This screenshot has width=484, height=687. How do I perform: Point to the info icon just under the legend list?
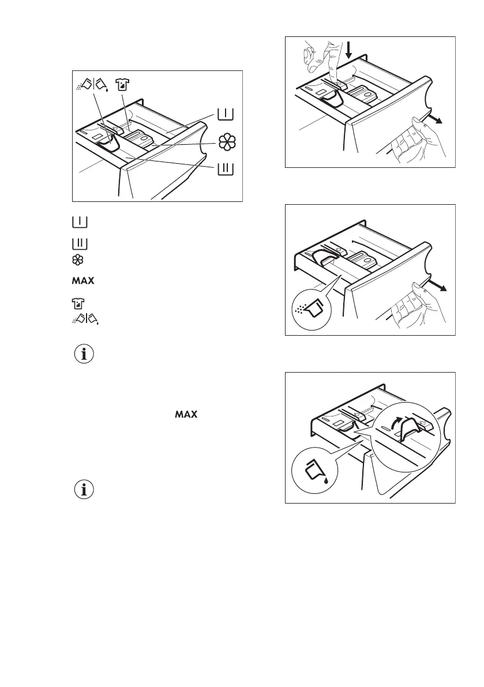coord(85,355)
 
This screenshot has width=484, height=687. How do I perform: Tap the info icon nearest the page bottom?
coord(85,490)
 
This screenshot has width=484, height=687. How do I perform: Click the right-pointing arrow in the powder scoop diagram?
coord(440,288)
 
